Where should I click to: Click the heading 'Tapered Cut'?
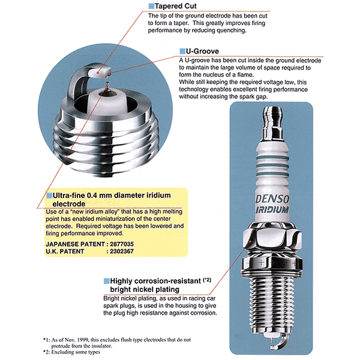[x=178, y=6]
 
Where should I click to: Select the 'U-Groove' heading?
[x=202, y=52]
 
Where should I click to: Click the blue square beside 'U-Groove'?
[x=182, y=52]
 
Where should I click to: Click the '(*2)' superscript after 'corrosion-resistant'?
[x=207, y=280]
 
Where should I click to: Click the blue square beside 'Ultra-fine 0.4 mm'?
[x=49, y=196]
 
